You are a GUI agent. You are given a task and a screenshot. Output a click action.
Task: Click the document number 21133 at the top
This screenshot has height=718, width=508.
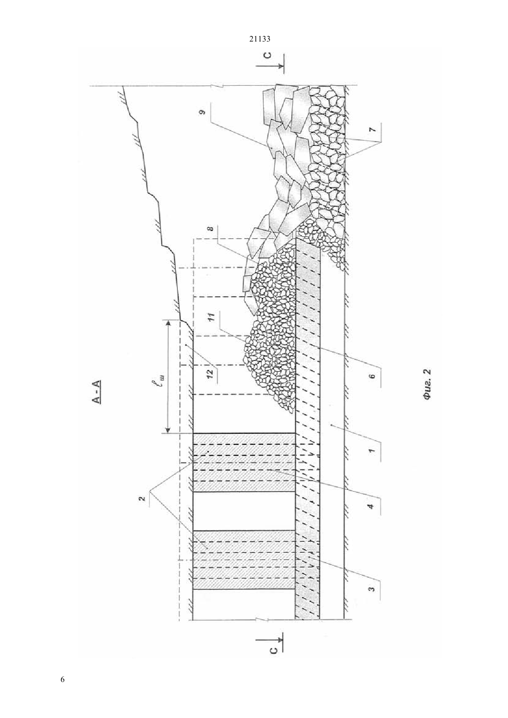click(x=259, y=39)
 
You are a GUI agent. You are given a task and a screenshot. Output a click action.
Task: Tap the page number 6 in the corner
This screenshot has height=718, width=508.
click(x=62, y=679)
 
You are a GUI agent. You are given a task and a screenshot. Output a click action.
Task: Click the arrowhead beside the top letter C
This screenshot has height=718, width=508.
click(x=281, y=66)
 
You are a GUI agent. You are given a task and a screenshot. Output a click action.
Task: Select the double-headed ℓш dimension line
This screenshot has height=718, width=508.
click(x=167, y=377)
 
